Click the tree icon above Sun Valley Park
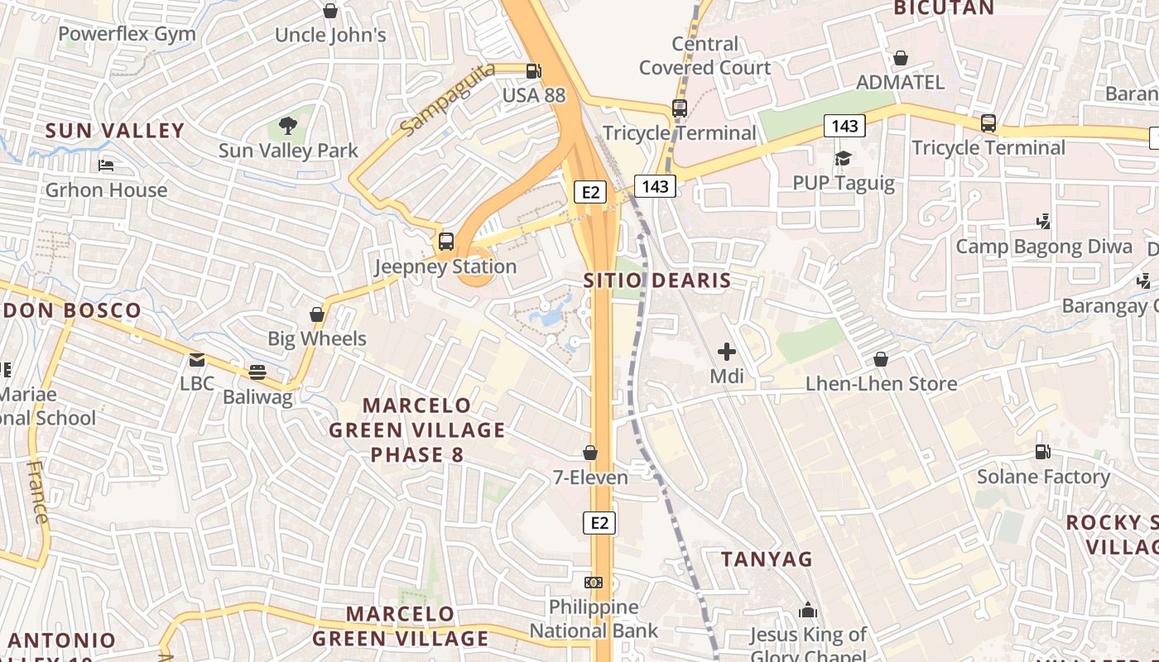click(287, 126)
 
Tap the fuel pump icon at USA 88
click(534, 71)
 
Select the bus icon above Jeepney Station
click(446, 242)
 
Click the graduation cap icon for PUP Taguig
click(843, 158)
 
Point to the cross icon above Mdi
click(726, 352)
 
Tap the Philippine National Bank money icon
click(593, 583)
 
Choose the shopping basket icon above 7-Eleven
click(590, 453)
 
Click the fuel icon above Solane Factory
click(1042, 452)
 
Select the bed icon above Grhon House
click(106, 165)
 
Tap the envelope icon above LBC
click(196, 359)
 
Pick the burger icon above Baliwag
click(257, 372)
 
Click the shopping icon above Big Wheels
click(316, 314)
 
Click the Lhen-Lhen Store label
click(881, 384)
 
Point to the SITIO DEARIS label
click(657, 280)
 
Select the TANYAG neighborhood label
click(767, 559)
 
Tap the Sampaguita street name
click(447, 99)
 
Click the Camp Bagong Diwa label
click(1044, 247)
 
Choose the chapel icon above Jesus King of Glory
click(807, 611)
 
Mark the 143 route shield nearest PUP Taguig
click(844, 126)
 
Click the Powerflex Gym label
click(127, 34)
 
